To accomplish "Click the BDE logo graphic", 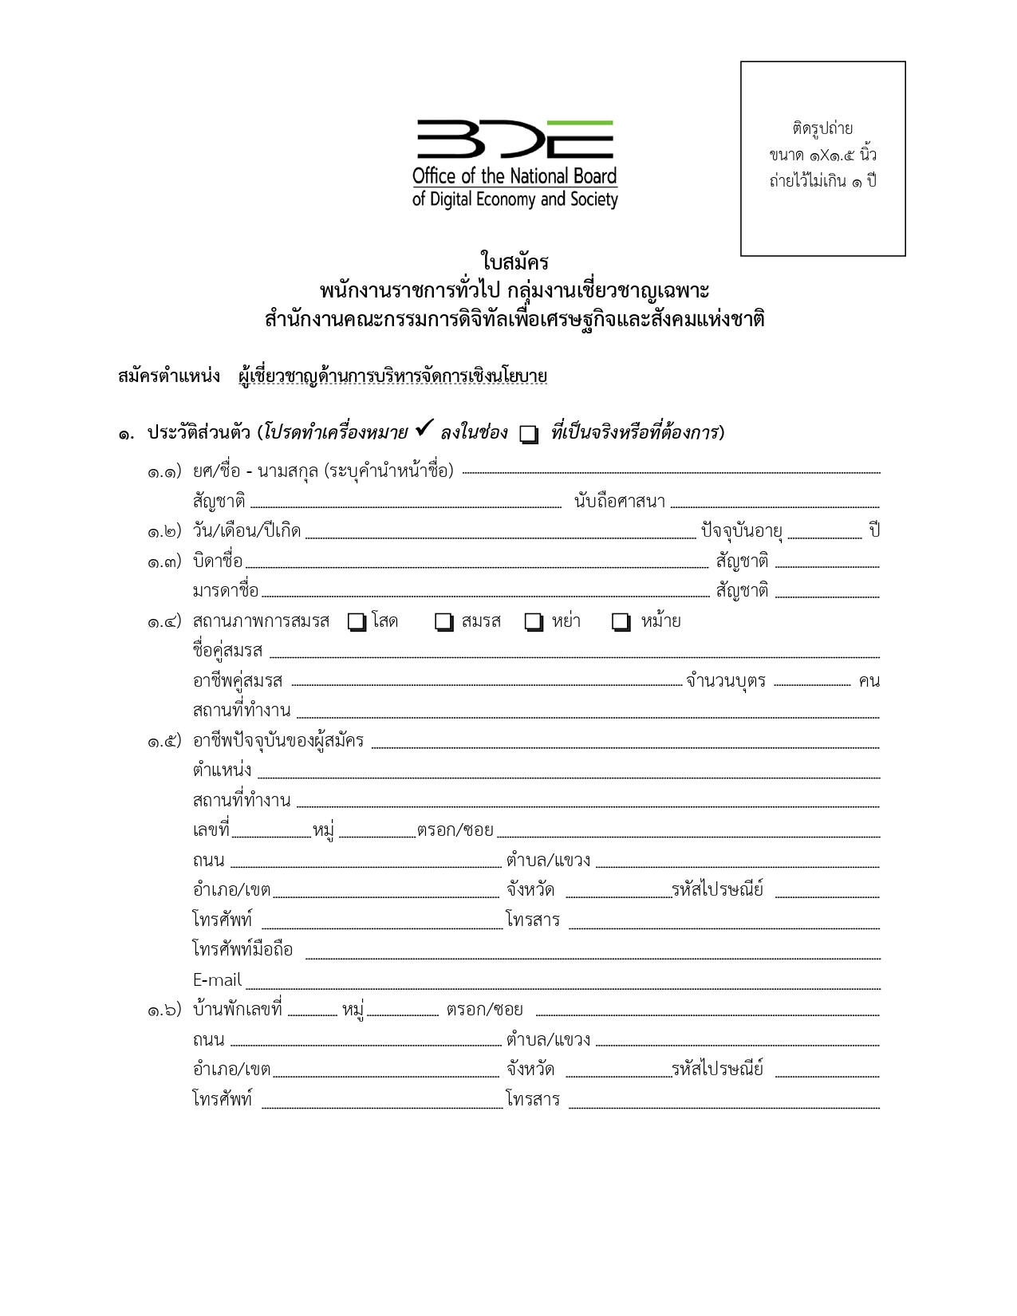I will [x=515, y=140].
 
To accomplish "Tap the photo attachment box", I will [x=822, y=159].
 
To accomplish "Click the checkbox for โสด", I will [x=357, y=622].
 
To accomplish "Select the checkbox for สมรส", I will [x=444, y=622].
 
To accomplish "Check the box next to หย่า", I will [x=534, y=622].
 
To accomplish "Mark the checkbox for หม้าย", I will [x=621, y=622].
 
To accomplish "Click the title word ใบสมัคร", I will [x=514, y=262].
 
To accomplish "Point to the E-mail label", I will [x=217, y=980].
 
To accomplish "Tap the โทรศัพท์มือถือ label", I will [x=242, y=950].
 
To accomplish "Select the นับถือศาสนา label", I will [x=620, y=502].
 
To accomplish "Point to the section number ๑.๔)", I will [x=164, y=622].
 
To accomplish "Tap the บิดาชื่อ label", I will [x=218, y=561].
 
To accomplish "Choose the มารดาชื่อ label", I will [x=226, y=591].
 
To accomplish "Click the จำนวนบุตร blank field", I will [x=812, y=683].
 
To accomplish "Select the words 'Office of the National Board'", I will [x=514, y=176].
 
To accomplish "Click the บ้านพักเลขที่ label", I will [x=238, y=1010].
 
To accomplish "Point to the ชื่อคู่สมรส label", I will [x=227, y=651].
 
